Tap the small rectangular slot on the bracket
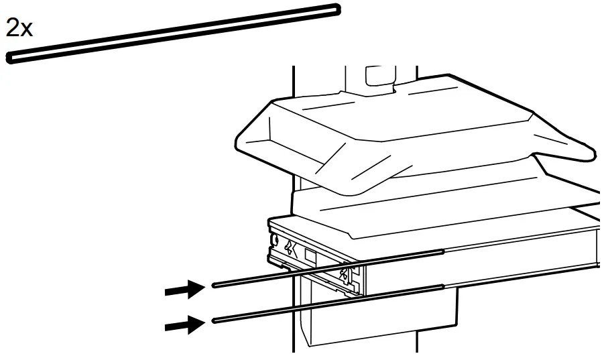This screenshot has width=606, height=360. click(310, 255)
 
